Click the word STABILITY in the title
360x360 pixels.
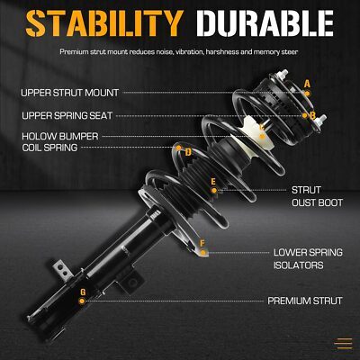point(104,23)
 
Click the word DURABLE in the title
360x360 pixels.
point(265,23)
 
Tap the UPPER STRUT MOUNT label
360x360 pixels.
point(70,93)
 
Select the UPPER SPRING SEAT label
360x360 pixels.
point(67,115)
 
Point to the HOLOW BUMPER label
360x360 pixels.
point(60,136)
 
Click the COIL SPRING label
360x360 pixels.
point(49,148)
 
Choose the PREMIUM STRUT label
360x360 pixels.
point(305,301)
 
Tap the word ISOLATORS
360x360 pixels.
point(298,265)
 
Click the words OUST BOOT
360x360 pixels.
point(317,202)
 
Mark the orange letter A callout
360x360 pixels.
point(307,84)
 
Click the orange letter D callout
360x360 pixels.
point(188,153)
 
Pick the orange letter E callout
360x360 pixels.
point(213,182)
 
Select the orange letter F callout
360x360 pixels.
point(202,243)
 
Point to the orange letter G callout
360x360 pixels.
point(83,292)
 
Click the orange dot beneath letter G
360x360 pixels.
point(82,301)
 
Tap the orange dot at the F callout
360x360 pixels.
point(203,253)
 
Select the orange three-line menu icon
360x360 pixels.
point(344,343)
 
